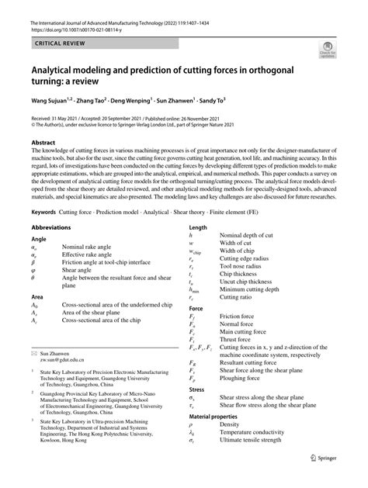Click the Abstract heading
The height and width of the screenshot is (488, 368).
tap(43, 144)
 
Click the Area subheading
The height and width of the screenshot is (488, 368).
tap(37, 296)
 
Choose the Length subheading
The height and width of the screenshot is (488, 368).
tap(198, 227)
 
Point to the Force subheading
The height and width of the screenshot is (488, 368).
tap(196, 308)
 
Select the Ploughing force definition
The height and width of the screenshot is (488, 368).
tap(244, 377)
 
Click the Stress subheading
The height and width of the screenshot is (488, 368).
tap(197, 389)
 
